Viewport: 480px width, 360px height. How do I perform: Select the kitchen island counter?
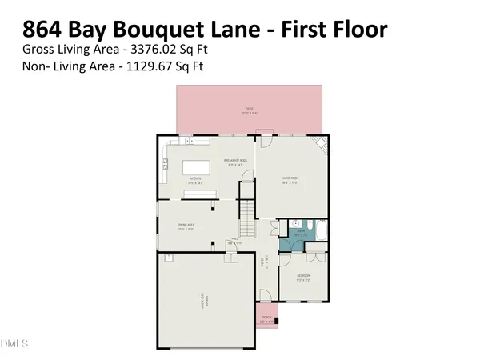[196, 168]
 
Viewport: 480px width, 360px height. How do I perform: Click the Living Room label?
[290, 179]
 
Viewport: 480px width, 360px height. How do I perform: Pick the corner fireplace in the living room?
[322, 146]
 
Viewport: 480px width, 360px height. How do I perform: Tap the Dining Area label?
[186, 227]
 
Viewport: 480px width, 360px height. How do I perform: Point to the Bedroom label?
[303, 278]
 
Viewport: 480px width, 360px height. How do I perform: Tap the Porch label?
[266, 321]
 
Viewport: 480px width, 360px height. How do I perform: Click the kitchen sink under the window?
[191, 142]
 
